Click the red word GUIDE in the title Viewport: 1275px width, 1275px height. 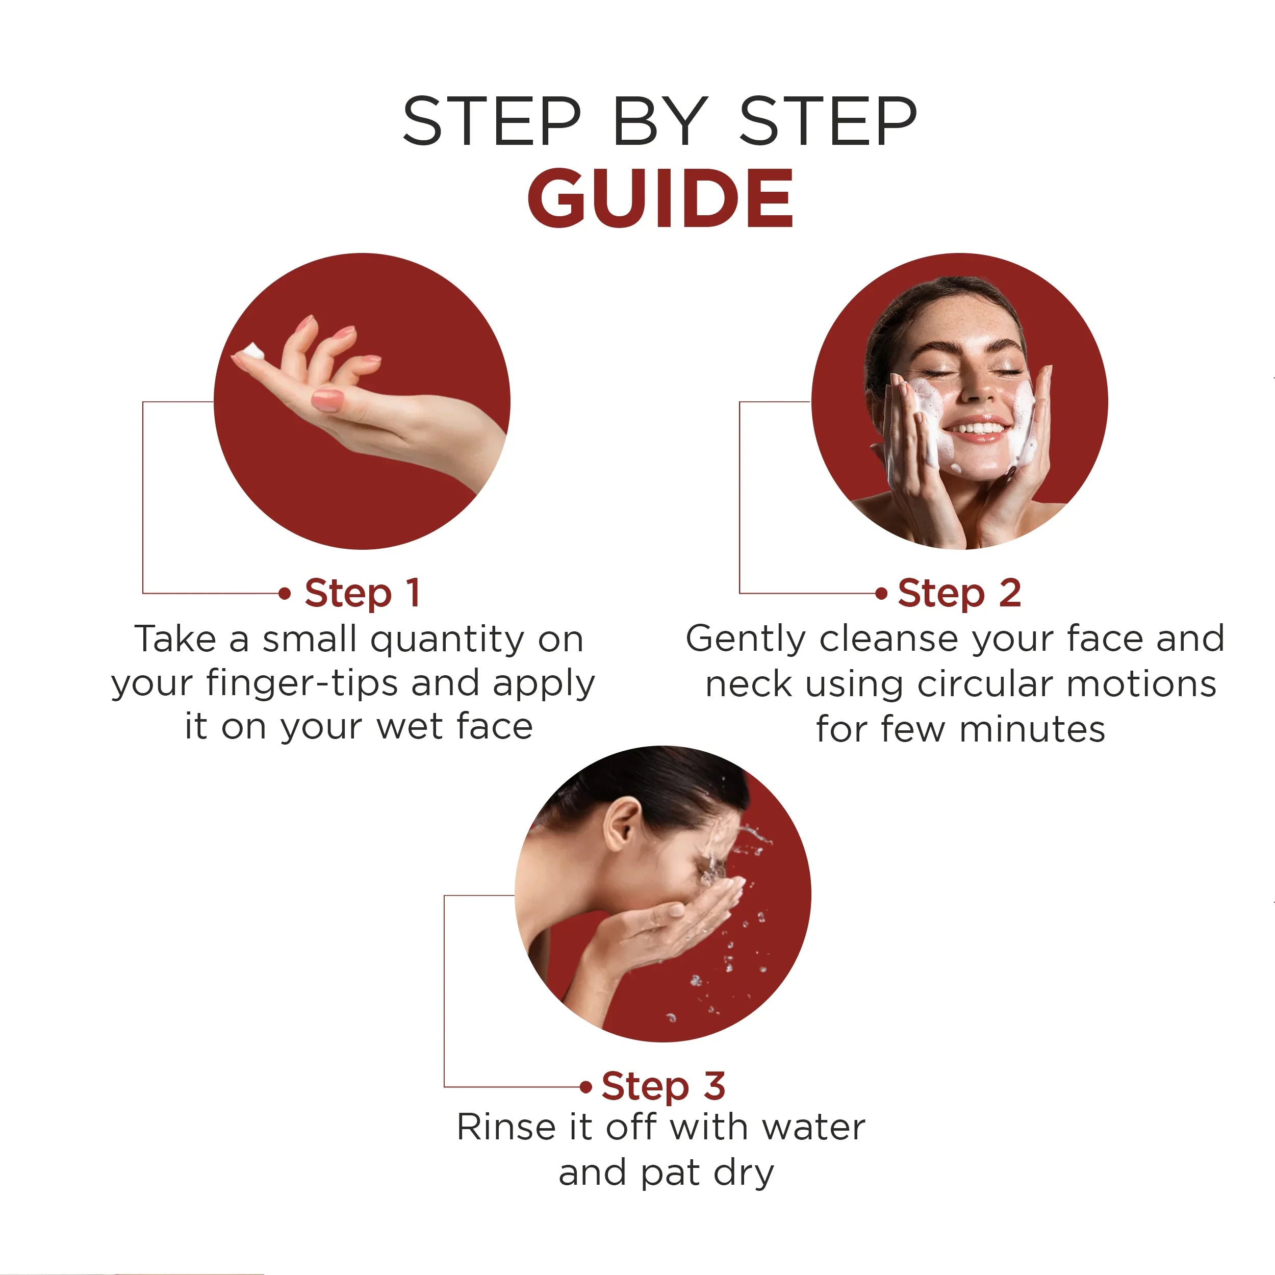[x=660, y=197]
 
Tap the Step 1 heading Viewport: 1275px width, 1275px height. [x=362, y=593]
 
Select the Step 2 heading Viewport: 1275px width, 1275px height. [x=959, y=593]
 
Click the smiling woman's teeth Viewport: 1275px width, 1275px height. [x=977, y=429]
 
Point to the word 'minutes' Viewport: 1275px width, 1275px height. [x=1032, y=729]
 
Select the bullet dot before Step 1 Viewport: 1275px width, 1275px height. [x=285, y=593]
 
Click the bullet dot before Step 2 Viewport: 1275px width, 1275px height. [x=881, y=593]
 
